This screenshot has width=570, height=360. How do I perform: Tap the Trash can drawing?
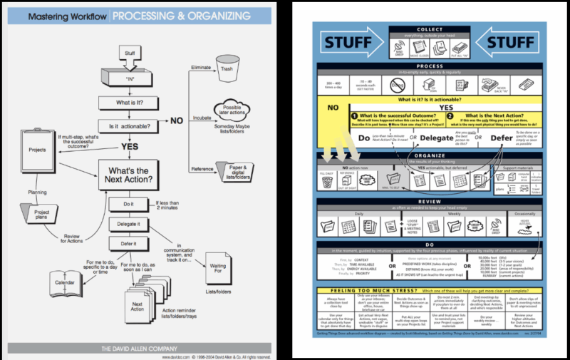pyautogui.click(x=227, y=68)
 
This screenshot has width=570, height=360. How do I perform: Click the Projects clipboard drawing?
pyautogui.click(x=38, y=150)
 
